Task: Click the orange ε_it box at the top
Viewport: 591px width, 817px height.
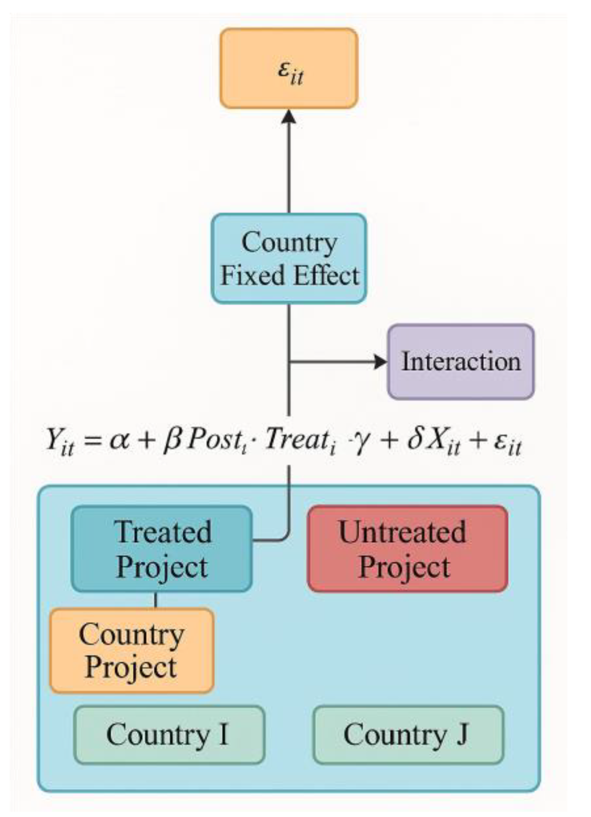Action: click(x=289, y=69)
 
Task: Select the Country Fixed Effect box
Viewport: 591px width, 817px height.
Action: click(x=289, y=258)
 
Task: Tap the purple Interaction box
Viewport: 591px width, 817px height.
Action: click(x=461, y=362)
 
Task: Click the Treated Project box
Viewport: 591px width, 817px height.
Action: click(x=162, y=549)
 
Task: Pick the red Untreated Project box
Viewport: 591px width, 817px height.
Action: click(x=408, y=549)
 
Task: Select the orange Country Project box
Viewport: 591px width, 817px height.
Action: click(x=131, y=650)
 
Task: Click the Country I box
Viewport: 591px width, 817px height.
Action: click(x=169, y=735)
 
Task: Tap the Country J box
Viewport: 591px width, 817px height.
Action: click(x=408, y=735)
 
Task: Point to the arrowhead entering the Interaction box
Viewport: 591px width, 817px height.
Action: click(x=381, y=362)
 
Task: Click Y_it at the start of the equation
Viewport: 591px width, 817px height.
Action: click(x=59, y=441)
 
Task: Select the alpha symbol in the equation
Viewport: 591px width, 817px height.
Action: click(x=119, y=440)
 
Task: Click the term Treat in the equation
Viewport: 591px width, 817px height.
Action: click(x=297, y=439)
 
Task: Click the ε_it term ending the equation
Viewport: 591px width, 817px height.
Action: click(x=508, y=442)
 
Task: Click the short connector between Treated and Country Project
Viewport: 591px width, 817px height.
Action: click(x=156, y=600)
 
